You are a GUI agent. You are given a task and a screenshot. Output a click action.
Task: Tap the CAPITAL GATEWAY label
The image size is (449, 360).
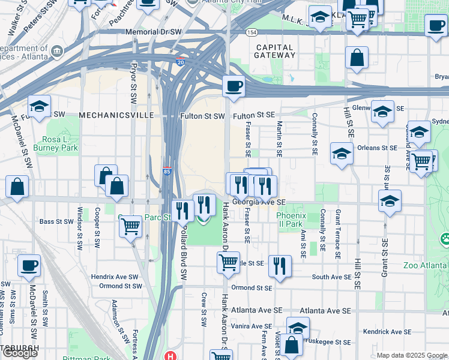(x=275, y=51)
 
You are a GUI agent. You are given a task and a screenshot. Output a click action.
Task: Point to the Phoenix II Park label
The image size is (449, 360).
(x=291, y=220)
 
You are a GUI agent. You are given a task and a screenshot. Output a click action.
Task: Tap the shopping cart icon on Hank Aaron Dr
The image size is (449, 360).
(x=228, y=262)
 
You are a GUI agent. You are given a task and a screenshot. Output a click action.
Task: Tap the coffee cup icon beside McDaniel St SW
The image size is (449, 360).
(x=29, y=265)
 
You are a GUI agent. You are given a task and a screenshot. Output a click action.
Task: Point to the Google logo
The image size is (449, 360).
(x=20, y=353)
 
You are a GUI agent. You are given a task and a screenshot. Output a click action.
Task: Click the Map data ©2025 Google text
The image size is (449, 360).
(x=412, y=356)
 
